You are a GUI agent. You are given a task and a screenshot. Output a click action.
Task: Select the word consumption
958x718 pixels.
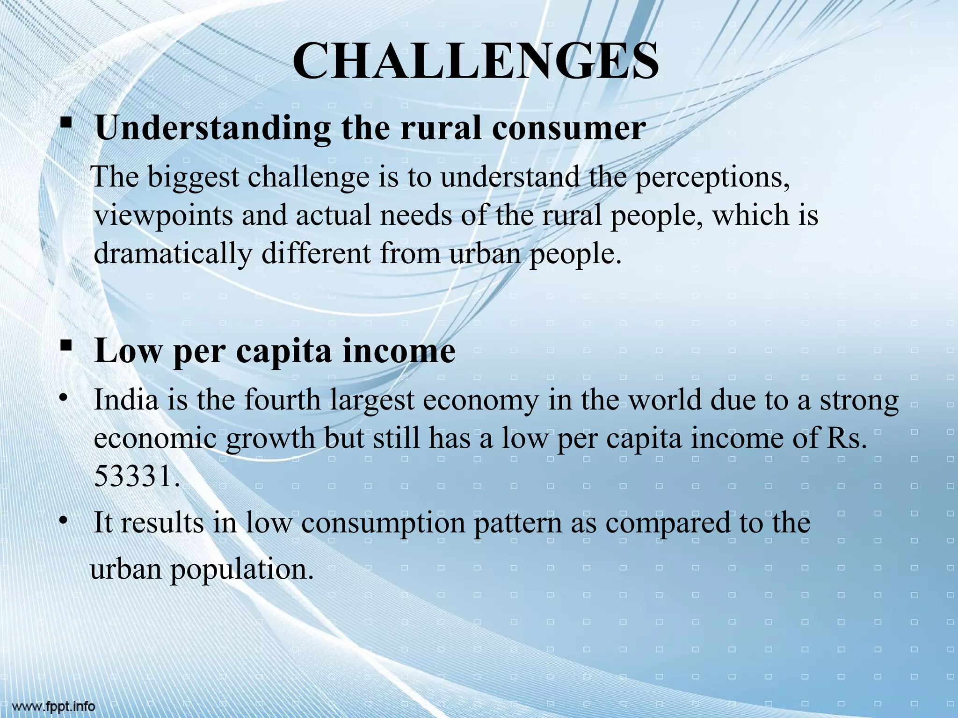(383, 523)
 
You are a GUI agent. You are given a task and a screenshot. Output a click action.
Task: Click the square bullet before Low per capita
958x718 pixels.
(65, 346)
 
